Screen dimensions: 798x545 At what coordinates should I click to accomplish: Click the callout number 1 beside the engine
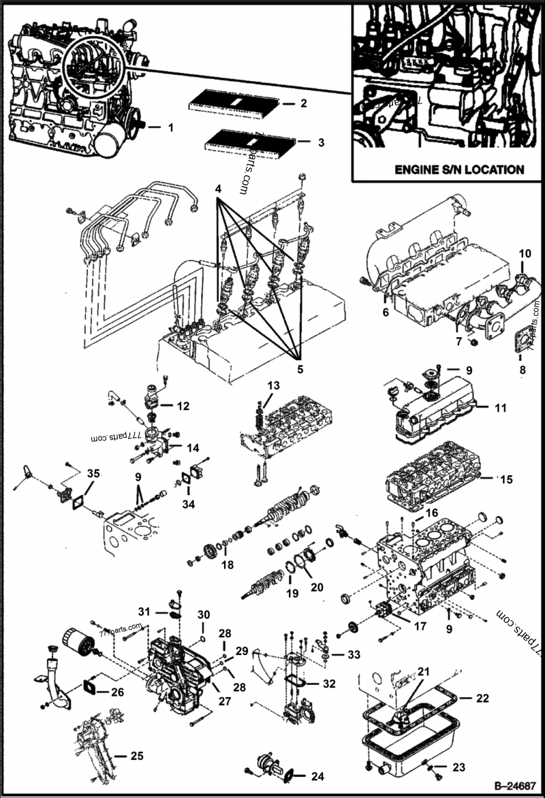(x=171, y=127)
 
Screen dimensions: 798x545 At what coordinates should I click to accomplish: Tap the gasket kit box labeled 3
(x=249, y=143)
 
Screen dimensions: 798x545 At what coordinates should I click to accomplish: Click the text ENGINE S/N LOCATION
(x=450, y=169)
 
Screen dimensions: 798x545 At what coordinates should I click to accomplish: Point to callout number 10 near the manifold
(x=525, y=253)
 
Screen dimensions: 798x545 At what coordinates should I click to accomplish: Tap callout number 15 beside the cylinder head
(x=505, y=479)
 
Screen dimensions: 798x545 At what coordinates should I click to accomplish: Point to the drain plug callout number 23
(x=458, y=767)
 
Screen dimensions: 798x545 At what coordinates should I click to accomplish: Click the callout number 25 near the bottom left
(x=119, y=755)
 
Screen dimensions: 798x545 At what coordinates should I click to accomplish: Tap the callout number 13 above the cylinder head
(x=273, y=386)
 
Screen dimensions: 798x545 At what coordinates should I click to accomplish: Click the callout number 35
(x=92, y=473)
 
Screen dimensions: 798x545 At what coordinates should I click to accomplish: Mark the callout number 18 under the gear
(x=227, y=564)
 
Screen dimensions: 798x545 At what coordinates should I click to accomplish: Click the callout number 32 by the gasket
(x=328, y=683)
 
